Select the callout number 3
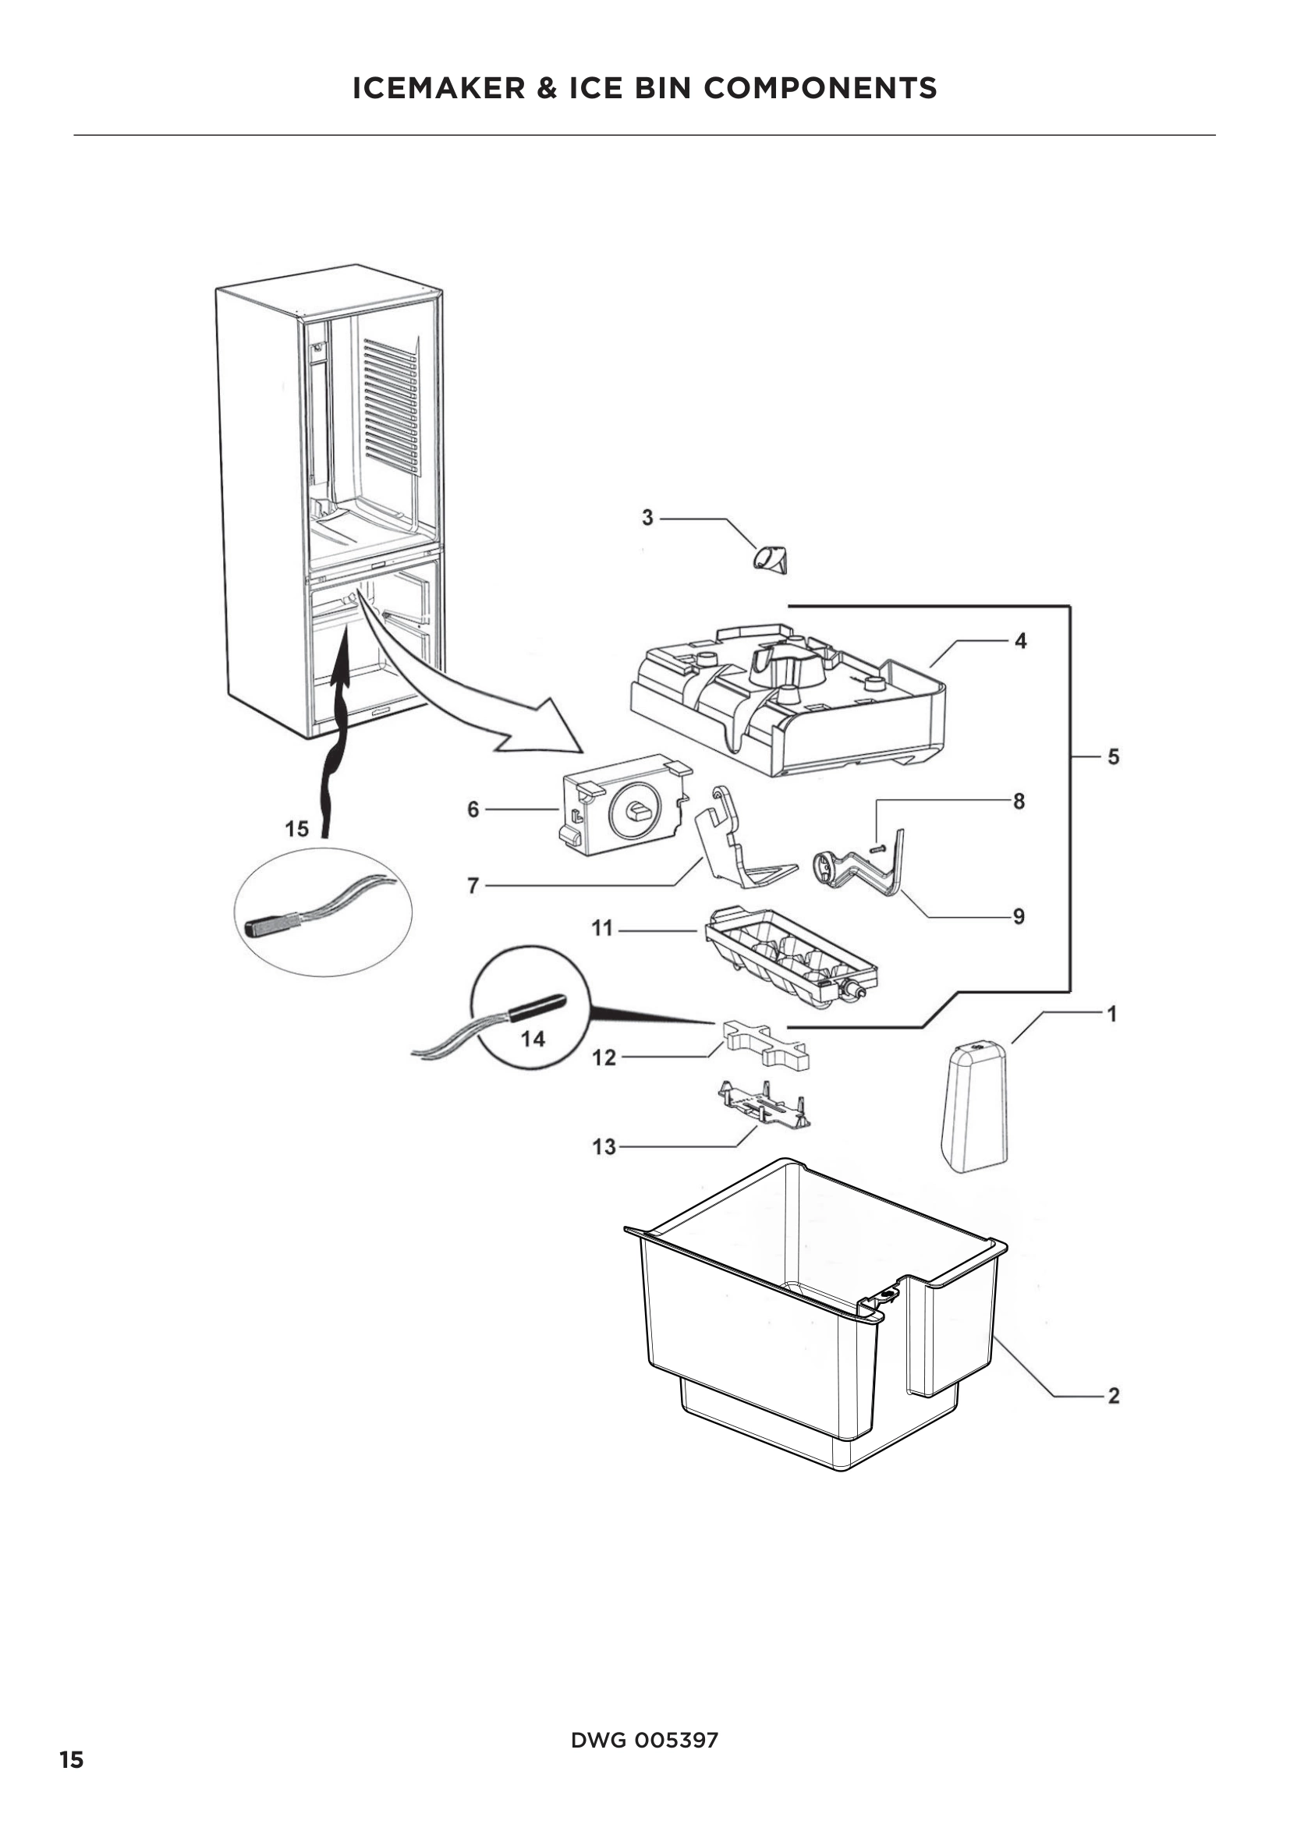pos(647,518)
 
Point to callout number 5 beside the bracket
pos(1113,757)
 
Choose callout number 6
pos(473,809)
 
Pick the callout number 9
pos(1019,917)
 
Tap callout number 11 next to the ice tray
pos(602,928)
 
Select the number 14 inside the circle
pos(533,1038)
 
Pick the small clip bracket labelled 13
pos(764,1105)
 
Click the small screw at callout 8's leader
pos(877,848)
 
